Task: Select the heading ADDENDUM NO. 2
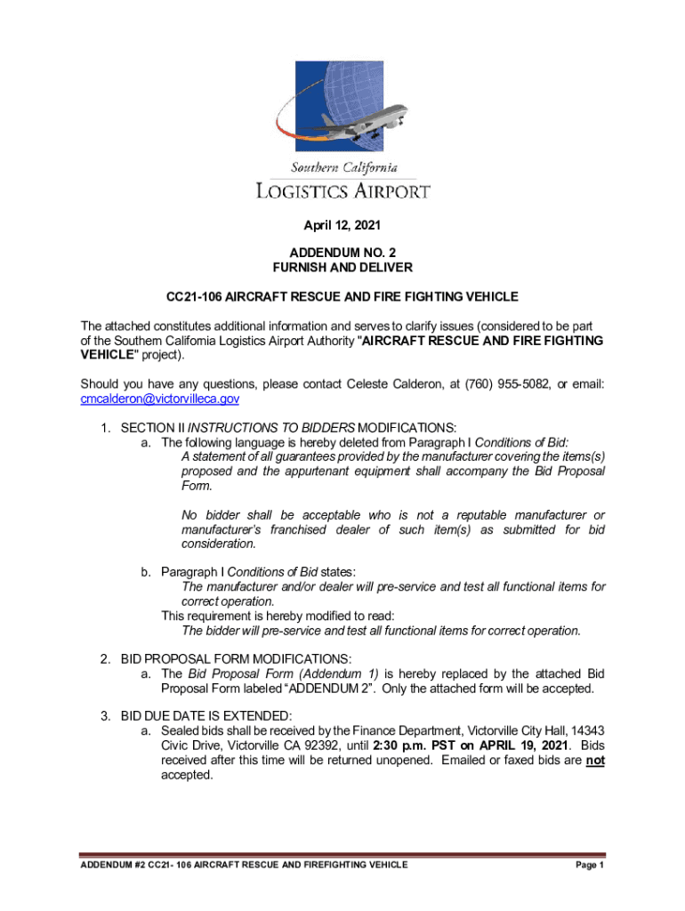tap(342, 254)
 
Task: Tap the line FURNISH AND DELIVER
tap(342, 268)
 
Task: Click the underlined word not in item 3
tap(595, 761)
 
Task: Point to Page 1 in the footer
tap(590, 866)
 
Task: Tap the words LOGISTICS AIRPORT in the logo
tap(342, 190)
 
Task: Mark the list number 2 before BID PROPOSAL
tap(104, 659)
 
